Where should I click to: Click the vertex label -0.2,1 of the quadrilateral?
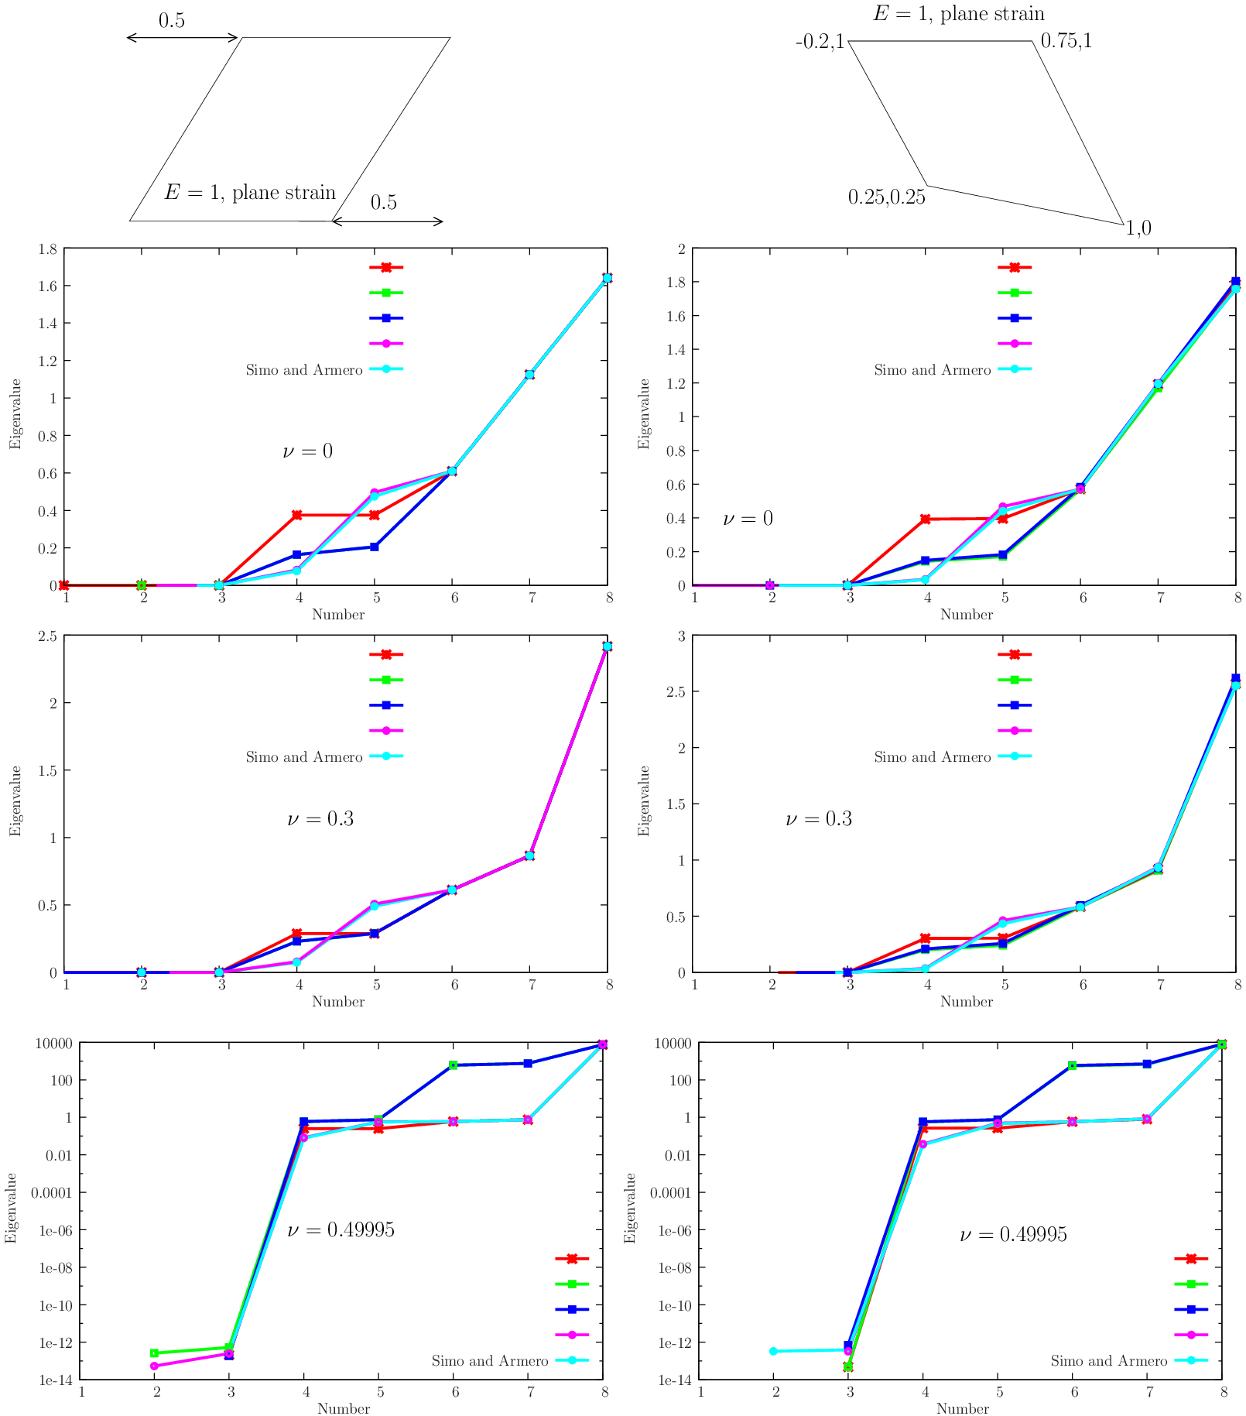820,42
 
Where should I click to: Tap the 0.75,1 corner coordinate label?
1066,41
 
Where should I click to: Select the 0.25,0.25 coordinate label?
886,197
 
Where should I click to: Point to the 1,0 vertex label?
1138,228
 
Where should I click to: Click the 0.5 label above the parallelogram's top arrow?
172,21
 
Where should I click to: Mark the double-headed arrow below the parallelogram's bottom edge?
388,222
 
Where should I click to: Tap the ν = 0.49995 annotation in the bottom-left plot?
341,1229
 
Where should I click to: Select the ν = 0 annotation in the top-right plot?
748,519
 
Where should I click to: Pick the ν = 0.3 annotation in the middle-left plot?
320,819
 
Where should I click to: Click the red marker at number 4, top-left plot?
297,515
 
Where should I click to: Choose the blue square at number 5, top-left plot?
375,547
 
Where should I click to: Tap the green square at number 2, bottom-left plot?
155,1353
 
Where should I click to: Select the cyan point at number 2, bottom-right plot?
773,1351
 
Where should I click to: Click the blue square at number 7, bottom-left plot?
528,1063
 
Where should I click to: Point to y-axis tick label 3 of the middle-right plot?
682,636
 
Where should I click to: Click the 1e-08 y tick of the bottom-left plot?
56,1268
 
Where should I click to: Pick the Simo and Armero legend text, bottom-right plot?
1108,1361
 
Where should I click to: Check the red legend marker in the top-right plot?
1015,267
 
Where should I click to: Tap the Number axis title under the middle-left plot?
337,1001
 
